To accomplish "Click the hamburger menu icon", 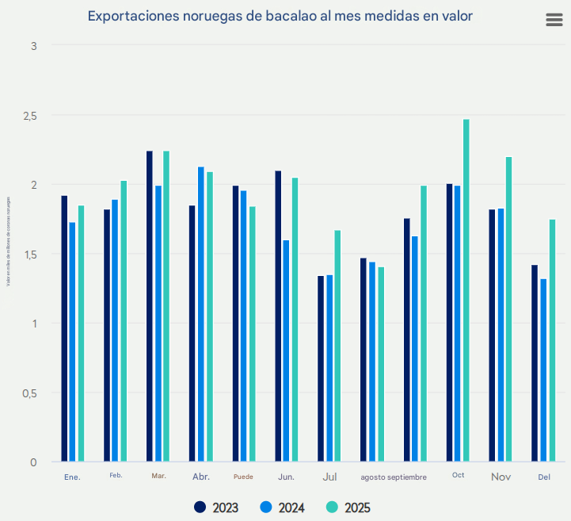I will coord(554,21).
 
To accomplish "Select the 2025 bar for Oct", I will coord(466,290).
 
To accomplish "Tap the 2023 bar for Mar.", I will coord(150,306).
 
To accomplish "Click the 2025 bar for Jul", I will coord(337,346).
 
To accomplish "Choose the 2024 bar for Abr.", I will coord(201,314).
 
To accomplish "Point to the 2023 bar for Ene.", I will coord(64,328).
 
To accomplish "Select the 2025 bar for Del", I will coord(552,340).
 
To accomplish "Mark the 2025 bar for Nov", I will coord(509,309).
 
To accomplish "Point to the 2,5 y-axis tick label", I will coord(29,116).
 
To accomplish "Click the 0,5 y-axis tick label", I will coord(29,393).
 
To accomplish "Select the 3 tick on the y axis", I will coord(34,46).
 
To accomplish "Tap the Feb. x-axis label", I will coord(116,476).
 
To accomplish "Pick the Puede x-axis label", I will coord(243,477).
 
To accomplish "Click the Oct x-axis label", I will coord(459,475).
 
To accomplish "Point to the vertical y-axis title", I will coord(9,238).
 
